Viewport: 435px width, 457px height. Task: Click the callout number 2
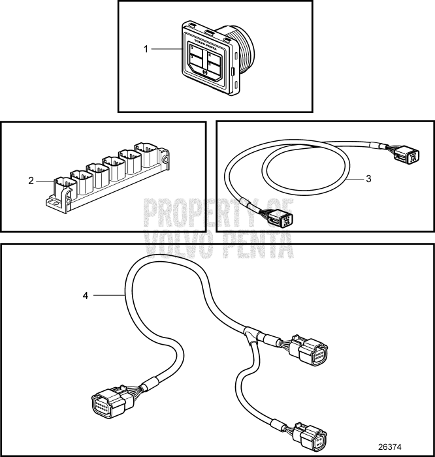point(31,180)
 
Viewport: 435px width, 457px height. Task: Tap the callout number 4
point(85,296)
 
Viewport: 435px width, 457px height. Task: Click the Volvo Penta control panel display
point(207,59)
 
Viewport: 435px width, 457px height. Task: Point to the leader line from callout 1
point(167,49)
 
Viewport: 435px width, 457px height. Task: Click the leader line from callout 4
point(108,296)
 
